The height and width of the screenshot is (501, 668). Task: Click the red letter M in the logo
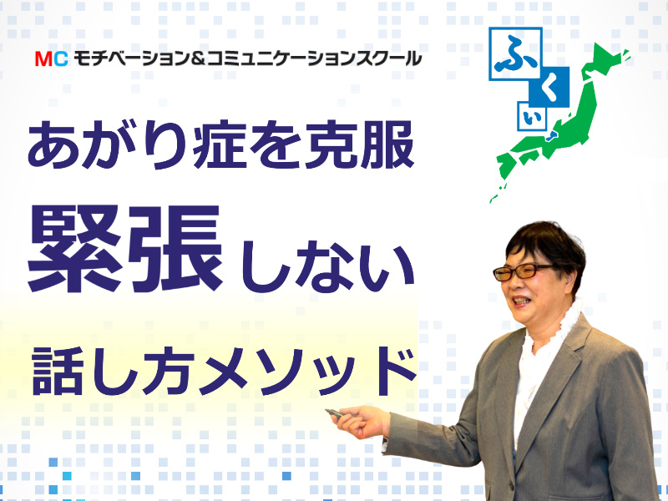(43, 59)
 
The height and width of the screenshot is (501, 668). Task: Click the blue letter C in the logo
(59, 59)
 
